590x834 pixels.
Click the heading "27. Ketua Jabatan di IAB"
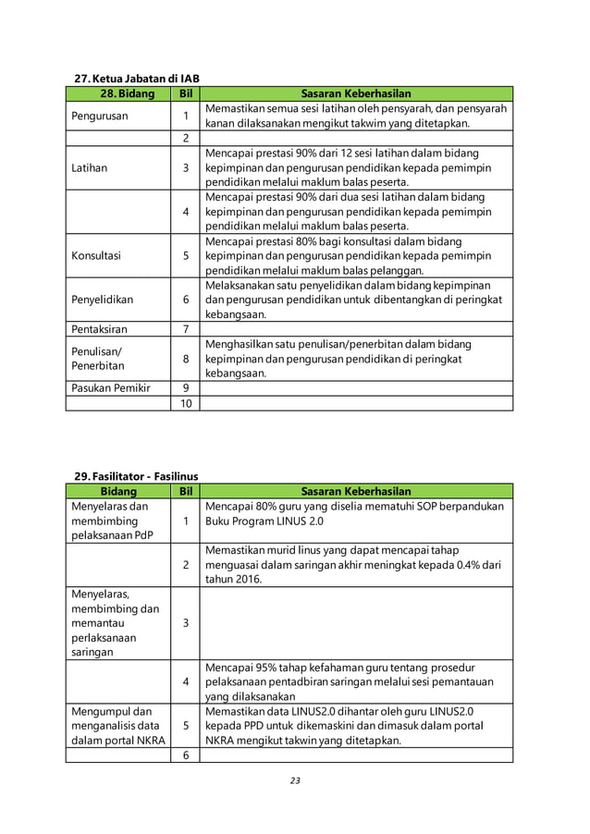[x=136, y=78]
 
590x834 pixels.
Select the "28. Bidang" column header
[x=118, y=93]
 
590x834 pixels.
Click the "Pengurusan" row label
[x=101, y=117]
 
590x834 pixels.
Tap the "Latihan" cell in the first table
[x=90, y=168]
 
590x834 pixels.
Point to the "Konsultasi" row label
[x=96, y=255]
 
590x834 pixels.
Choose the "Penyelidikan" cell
[x=103, y=300]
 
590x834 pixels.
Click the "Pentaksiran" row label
[x=100, y=329]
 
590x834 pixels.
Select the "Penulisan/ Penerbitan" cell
[x=98, y=359]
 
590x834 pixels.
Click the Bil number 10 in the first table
[x=186, y=403]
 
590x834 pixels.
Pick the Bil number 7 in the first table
[x=186, y=329]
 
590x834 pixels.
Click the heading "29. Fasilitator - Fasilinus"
[x=136, y=476]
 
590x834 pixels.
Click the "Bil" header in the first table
[x=186, y=93]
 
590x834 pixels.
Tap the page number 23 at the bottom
[x=295, y=780]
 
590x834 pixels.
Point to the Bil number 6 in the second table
[x=186, y=755]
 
